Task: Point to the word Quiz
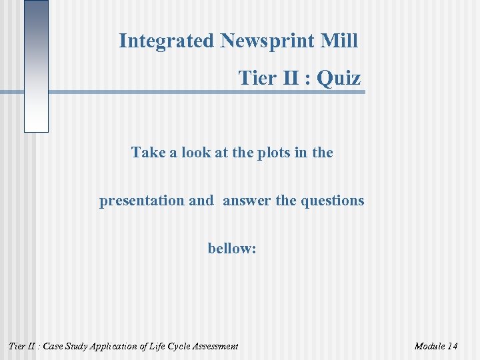339,79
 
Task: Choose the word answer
247,201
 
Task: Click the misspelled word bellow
232,249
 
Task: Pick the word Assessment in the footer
218,346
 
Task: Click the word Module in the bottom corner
429,346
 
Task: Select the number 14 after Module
453,346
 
